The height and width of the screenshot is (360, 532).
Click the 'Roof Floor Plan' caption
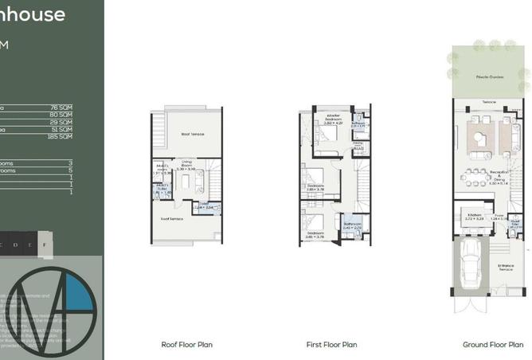pos(186,345)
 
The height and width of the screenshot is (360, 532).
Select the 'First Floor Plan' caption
pos(331,345)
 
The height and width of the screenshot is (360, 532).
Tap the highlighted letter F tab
pos(45,245)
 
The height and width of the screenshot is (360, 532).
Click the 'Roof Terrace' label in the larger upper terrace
pos(193,134)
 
